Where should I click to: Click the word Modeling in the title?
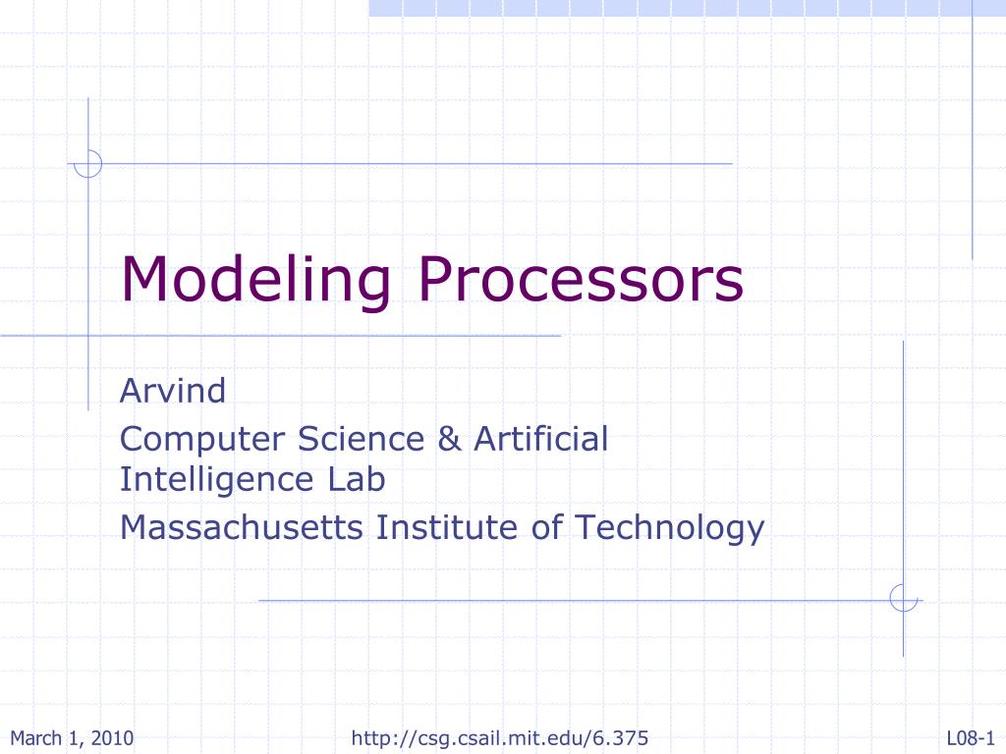pos(255,281)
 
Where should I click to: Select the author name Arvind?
pos(173,390)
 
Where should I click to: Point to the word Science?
pos(361,439)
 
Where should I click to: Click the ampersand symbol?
pos(449,439)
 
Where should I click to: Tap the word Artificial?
pos(541,439)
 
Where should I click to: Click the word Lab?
pos(356,479)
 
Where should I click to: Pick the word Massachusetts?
pos(242,527)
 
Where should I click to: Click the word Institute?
pos(447,527)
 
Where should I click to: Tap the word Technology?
pos(669,529)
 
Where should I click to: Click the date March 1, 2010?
pos(72,738)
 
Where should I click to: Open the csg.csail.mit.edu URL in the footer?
pos(500,738)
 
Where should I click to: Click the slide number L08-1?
pos(970,738)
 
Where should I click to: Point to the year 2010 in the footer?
pos(112,738)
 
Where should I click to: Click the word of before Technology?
pos(546,527)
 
